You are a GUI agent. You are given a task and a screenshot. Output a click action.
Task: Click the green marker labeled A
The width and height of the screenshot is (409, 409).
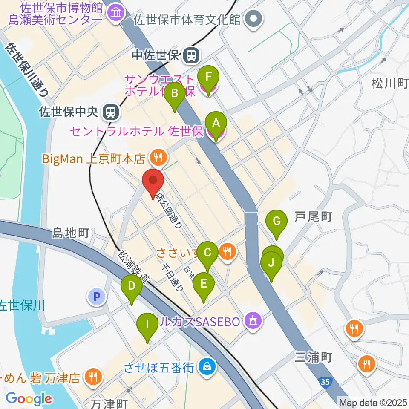click(x=216, y=123)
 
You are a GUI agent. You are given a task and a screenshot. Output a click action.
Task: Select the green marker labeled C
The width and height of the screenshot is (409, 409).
click(x=207, y=253)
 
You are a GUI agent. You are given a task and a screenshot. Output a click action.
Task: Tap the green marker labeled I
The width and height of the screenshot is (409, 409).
click(x=147, y=324)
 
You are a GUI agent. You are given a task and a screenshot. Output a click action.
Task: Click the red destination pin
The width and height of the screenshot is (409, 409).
click(x=153, y=181)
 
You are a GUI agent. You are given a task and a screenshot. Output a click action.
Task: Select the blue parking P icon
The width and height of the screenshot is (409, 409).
click(x=97, y=297)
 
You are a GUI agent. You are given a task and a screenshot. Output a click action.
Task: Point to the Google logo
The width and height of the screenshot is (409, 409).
click(x=29, y=399)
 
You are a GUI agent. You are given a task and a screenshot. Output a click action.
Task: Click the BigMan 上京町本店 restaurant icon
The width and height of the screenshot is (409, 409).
click(x=158, y=158)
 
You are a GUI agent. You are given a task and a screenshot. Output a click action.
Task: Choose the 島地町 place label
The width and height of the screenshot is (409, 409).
click(x=70, y=233)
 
